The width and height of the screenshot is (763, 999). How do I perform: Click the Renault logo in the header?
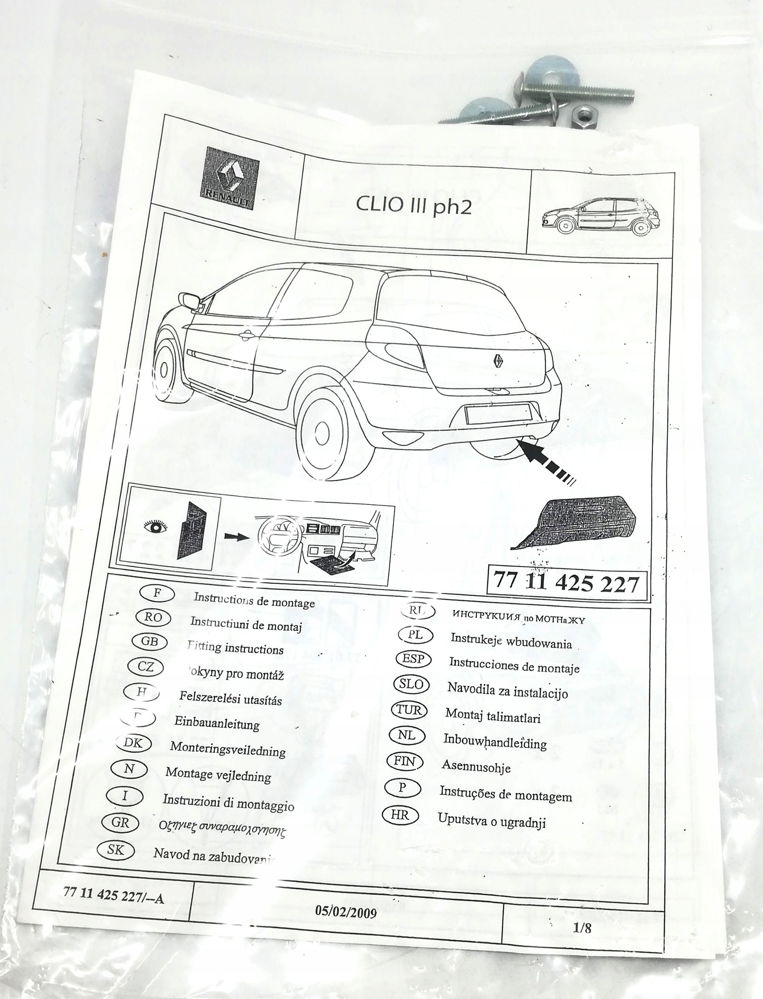click(x=229, y=178)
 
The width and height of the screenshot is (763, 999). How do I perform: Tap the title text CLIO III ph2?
click(x=413, y=205)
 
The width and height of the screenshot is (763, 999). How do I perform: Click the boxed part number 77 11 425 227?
click(x=566, y=583)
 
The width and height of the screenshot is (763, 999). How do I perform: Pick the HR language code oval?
click(x=400, y=816)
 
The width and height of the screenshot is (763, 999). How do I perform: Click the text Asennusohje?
click(x=476, y=768)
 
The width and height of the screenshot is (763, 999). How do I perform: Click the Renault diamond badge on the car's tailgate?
click(x=497, y=360)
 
